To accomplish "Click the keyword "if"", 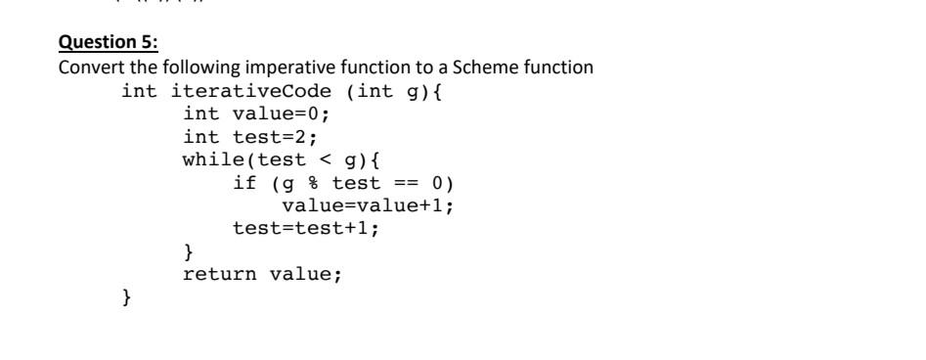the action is pyautogui.click(x=244, y=183).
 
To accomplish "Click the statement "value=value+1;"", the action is pyautogui.click(x=368, y=205).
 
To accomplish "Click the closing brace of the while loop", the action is pyautogui.click(x=189, y=251).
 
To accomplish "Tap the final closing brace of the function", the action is pyautogui.click(x=126, y=296).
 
